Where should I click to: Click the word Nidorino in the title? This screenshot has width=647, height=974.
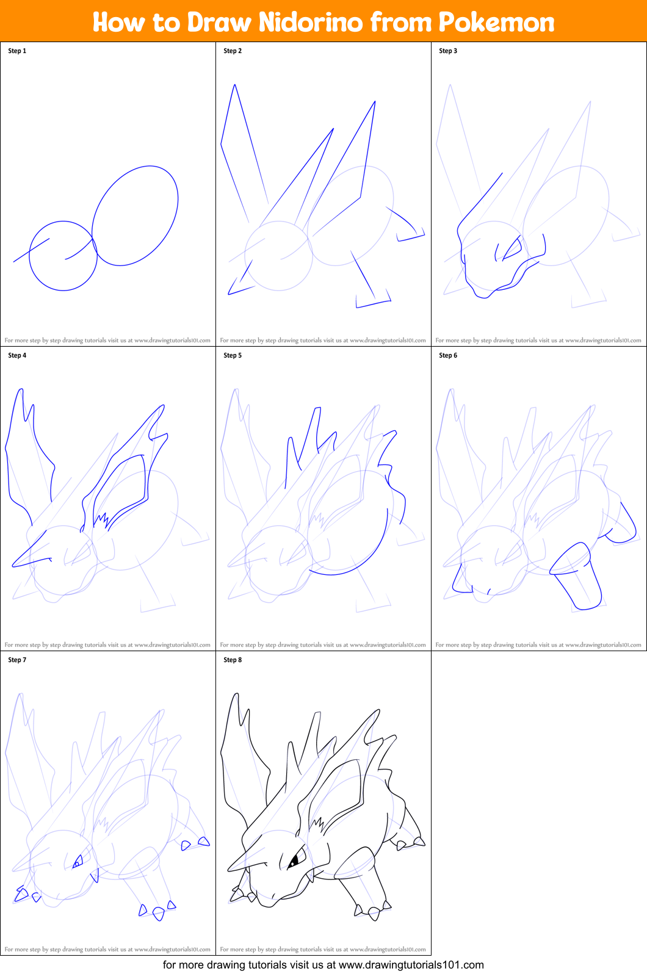(x=311, y=23)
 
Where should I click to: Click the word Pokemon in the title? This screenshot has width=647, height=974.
(x=496, y=23)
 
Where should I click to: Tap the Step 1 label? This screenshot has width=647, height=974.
(x=17, y=51)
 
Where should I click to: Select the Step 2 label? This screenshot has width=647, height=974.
(x=233, y=51)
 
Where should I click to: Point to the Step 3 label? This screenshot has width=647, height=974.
(x=448, y=51)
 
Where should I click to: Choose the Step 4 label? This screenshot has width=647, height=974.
(x=17, y=356)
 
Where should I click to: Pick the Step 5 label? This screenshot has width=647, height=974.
(x=233, y=356)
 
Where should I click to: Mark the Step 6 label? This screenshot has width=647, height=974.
(x=448, y=356)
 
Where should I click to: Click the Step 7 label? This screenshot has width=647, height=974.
(x=17, y=660)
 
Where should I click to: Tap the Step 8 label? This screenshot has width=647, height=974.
(x=233, y=660)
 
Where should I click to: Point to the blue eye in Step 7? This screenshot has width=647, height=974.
(x=78, y=862)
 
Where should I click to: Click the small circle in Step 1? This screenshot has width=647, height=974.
(x=63, y=256)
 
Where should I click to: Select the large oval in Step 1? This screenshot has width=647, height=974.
(x=136, y=215)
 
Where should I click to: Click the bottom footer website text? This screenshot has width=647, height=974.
(x=323, y=965)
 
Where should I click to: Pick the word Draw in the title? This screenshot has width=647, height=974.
(x=219, y=23)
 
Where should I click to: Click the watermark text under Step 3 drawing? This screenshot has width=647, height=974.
(x=538, y=341)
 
